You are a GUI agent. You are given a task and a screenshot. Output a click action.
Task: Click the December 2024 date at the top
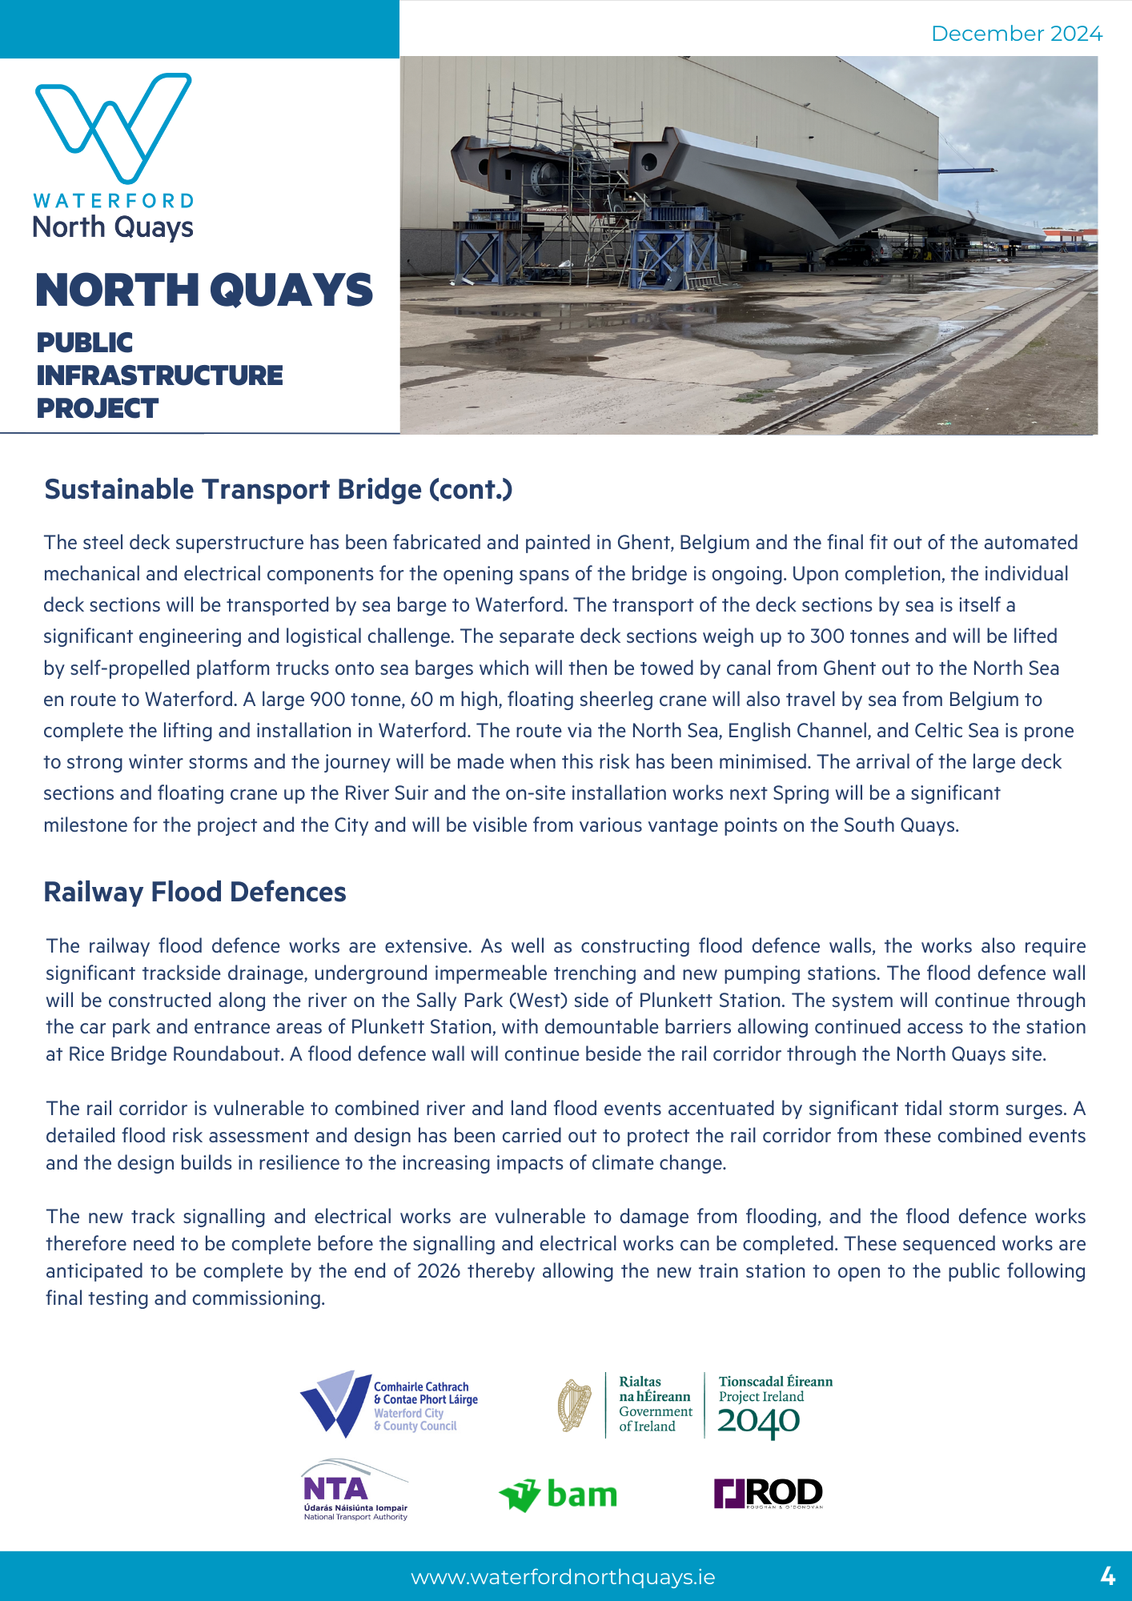(1016, 34)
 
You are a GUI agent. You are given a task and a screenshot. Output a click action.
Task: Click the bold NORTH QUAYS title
(204, 290)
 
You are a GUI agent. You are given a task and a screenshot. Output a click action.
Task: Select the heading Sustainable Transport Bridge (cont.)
(278, 489)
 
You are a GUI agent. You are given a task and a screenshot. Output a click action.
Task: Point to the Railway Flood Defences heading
(195, 892)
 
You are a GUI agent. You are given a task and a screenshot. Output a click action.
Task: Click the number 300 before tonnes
(828, 636)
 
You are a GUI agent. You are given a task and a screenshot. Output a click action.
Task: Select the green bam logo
(558, 1494)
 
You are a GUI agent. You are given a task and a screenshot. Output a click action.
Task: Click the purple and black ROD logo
(768, 1493)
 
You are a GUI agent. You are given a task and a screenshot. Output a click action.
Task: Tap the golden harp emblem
(574, 1406)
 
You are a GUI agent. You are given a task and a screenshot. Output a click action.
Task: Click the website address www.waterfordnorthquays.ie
(563, 1577)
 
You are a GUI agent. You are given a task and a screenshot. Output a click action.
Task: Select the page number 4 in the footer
(1107, 1577)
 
